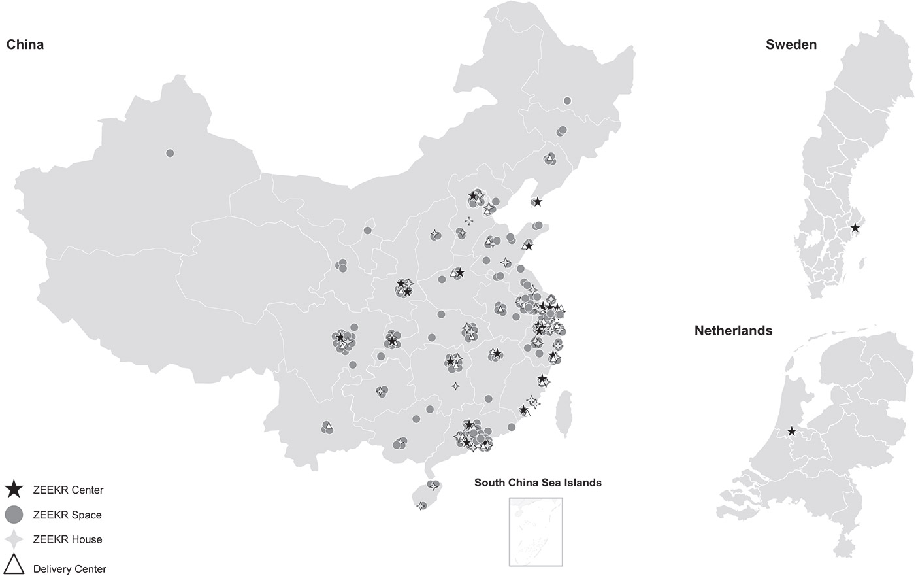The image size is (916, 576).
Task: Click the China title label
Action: (x=25, y=45)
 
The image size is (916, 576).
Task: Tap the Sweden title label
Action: (x=791, y=45)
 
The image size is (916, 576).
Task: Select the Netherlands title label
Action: (x=733, y=331)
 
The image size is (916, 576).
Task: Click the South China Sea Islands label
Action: (x=538, y=483)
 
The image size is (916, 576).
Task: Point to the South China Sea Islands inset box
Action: (x=536, y=532)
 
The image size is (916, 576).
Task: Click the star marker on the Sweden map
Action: (x=855, y=228)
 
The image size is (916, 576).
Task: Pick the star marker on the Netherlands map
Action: (x=792, y=432)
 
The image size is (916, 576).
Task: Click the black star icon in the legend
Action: (x=14, y=489)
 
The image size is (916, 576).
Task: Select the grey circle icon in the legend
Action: (x=14, y=515)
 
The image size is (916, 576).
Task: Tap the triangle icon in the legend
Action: (x=14, y=565)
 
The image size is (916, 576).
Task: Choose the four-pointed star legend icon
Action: (x=14, y=539)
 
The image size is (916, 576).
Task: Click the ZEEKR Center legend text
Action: (x=68, y=490)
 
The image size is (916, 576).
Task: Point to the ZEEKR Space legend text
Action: (x=67, y=515)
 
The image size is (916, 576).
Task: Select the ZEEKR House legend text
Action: (x=67, y=540)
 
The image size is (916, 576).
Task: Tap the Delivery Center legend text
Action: (x=69, y=569)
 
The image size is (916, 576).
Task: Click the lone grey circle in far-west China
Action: (x=170, y=153)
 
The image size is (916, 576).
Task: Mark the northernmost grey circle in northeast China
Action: (x=567, y=101)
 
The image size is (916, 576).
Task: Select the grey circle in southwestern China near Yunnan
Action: (x=327, y=427)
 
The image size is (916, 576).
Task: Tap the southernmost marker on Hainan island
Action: (x=422, y=505)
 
